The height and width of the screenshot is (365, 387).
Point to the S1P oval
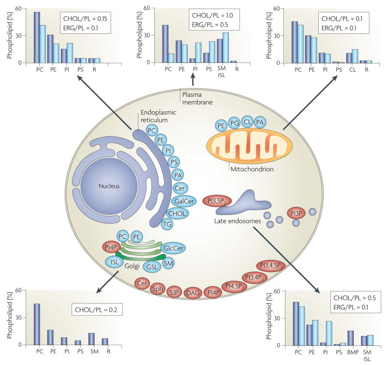(x=175, y=292)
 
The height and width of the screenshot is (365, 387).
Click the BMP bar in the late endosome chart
(x=337, y=337)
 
